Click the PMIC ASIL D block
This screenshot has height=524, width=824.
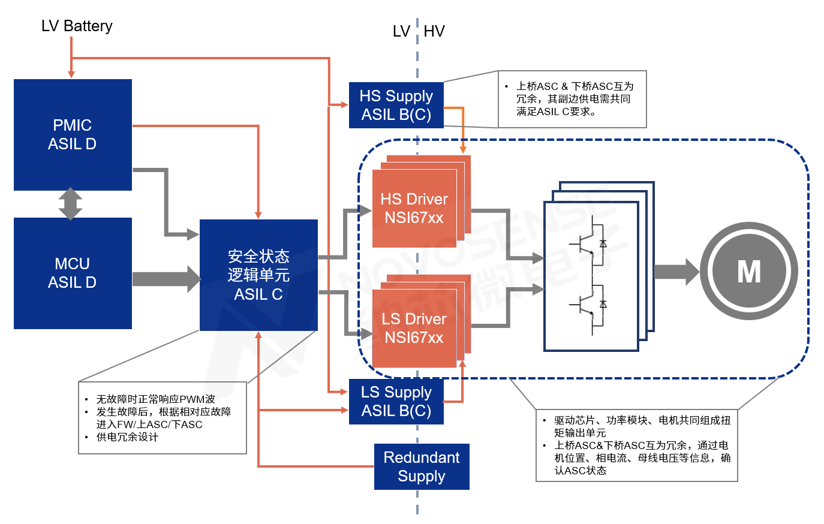[x=73, y=134]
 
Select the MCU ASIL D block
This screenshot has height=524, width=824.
[x=73, y=273]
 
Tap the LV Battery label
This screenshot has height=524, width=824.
[x=77, y=26]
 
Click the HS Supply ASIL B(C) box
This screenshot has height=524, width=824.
[x=396, y=105]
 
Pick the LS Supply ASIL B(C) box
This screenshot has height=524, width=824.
[x=396, y=401]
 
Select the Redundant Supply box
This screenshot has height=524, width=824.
[x=422, y=466]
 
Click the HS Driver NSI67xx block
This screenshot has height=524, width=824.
[x=414, y=208]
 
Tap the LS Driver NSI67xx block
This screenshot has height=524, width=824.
[x=414, y=328]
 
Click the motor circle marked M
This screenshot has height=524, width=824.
[x=748, y=271]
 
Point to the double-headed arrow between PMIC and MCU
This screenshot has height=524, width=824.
[x=71, y=204]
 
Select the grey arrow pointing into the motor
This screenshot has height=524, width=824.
[x=676, y=271]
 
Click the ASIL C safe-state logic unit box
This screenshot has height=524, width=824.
[x=258, y=275]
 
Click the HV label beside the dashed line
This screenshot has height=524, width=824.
[x=434, y=31]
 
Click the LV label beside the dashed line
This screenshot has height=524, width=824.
[x=401, y=31]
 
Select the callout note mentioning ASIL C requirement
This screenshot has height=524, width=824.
[x=573, y=99]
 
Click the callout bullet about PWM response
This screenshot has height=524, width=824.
[x=155, y=399]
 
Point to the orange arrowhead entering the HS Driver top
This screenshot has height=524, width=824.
[x=463, y=149]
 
